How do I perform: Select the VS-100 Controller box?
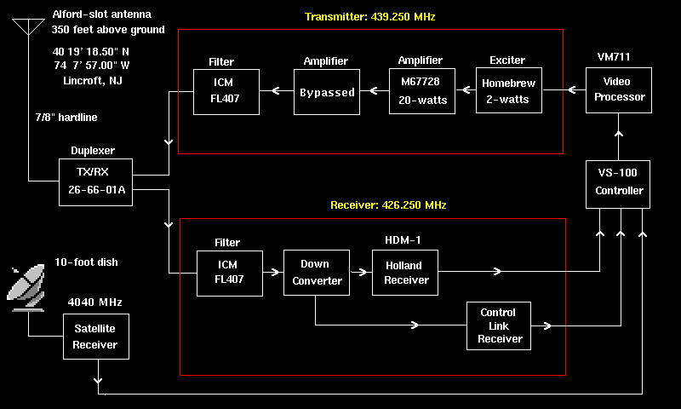pyautogui.click(x=618, y=184)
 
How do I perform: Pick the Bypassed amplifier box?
pyautogui.click(x=327, y=92)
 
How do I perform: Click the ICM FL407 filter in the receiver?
pyautogui.click(x=229, y=273)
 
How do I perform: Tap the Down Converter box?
pyautogui.click(x=316, y=273)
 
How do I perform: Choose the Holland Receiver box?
pyautogui.click(x=405, y=273)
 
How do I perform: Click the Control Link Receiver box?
pyautogui.click(x=499, y=325)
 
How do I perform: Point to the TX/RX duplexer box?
pyautogui.click(x=95, y=181)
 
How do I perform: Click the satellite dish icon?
pyautogui.click(x=29, y=285)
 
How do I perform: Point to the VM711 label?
pyautogui.click(x=614, y=57)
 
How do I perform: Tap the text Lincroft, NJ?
pyautogui.click(x=89, y=80)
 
